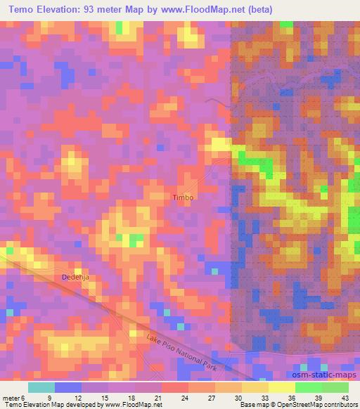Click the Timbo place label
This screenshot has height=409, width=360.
tap(182, 197)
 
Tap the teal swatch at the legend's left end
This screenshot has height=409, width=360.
tap(41, 387)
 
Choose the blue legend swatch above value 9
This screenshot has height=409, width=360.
tap(67, 387)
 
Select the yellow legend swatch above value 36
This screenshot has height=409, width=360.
tap(281, 387)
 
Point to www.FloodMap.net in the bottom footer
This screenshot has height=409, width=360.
tap(131, 404)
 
